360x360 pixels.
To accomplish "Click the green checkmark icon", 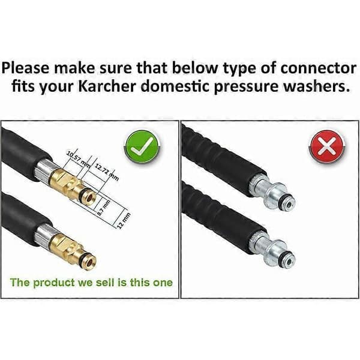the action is pyautogui.click(x=142, y=147).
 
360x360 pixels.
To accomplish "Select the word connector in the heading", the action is pyautogui.click(x=318, y=68).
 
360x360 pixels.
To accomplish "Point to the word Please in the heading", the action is pyautogui.click(x=25, y=68).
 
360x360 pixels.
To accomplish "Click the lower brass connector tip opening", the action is pyautogui.click(x=91, y=260).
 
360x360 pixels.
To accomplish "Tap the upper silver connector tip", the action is pyautogui.click(x=288, y=204).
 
